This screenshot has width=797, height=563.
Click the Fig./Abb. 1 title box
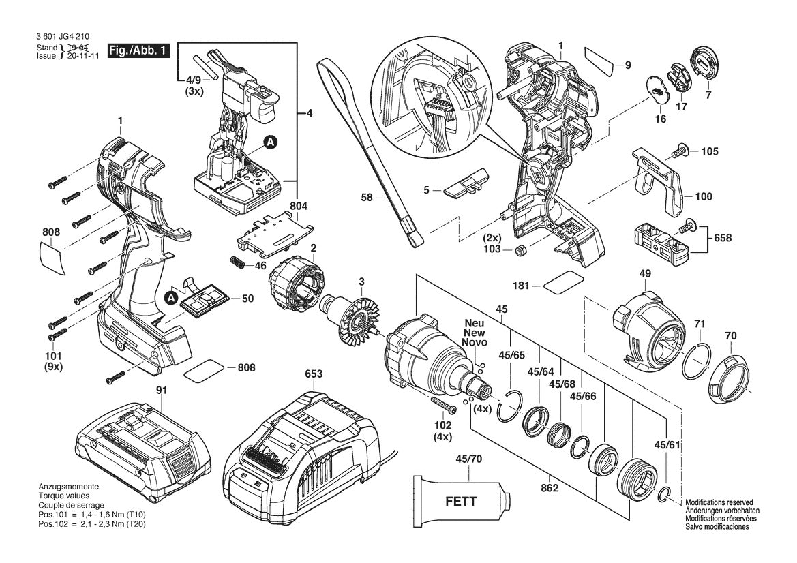coord(139,51)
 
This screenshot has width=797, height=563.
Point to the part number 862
coord(550,489)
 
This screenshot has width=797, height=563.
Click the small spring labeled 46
coord(237,262)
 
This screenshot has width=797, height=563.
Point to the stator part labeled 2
coord(296,284)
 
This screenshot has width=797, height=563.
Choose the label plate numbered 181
coord(565,283)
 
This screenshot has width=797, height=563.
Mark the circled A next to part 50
coord(170,297)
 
